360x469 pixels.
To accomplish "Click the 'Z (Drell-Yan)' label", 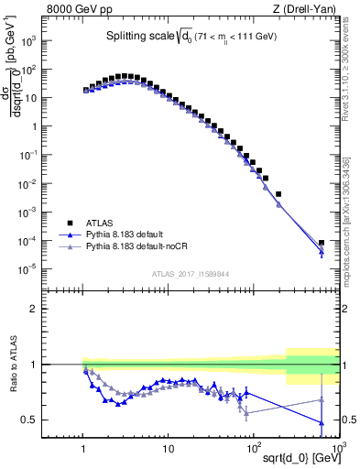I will [x=308, y=9].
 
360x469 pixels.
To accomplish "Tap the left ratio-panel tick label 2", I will [x=58, y=309].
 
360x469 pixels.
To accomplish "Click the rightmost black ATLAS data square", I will [x=321, y=243].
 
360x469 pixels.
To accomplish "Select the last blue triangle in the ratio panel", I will [x=321, y=423].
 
